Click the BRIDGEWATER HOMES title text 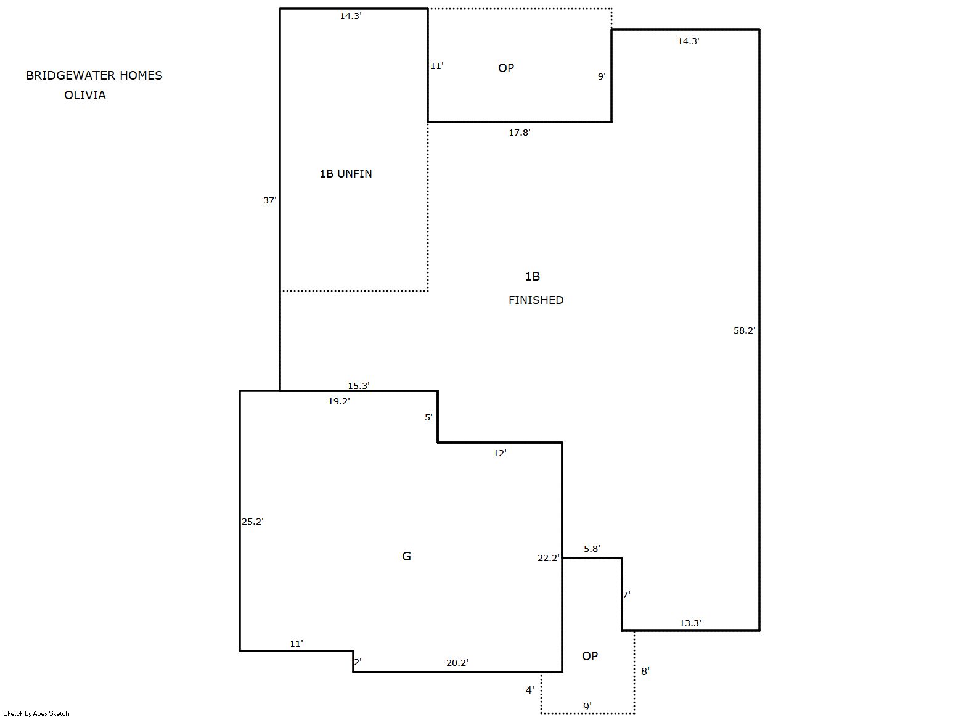point(94,75)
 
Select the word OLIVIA point(85,95)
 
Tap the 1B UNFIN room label point(346,174)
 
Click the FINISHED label point(536,300)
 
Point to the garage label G point(406,556)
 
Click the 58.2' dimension point(744,330)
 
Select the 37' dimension point(269,200)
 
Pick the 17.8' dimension point(520,133)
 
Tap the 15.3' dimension point(359,386)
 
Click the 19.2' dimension point(339,402)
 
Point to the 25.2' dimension point(253,522)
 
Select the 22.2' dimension point(548,558)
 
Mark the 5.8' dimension point(592,549)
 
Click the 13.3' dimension point(690,623)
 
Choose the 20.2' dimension point(457,663)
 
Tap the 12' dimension point(500,453)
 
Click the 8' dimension point(645,671)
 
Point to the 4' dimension point(529,690)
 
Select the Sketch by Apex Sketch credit point(36,713)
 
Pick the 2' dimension point(358,662)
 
